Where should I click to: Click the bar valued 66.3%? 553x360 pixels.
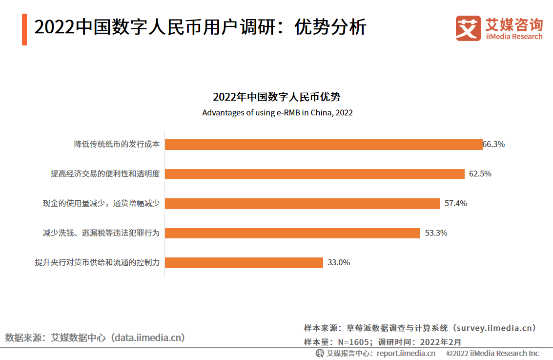point(324,145)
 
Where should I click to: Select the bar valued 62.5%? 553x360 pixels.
point(314,174)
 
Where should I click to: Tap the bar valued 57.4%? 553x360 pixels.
point(303,203)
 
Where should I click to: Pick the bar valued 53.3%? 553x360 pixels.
point(292,233)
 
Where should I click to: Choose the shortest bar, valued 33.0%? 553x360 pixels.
point(244,262)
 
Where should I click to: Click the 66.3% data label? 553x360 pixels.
point(493,145)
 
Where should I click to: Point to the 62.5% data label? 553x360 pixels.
point(480,174)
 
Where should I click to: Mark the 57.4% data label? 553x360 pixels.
point(455,203)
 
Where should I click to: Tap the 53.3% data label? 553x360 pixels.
point(436,233)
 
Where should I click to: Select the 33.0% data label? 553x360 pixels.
point(338,262)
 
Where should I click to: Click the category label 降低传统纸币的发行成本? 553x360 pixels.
point(117,145)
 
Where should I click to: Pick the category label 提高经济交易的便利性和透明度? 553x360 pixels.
point(105,174)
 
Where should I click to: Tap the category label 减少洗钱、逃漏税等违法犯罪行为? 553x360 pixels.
point(101,233)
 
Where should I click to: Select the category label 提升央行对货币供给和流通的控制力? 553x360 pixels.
point(97,262)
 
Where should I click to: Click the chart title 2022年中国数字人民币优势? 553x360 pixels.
point(277,97)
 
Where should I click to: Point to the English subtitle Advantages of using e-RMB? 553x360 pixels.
point(277,113)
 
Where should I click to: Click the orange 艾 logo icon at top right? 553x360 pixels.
point(468,28)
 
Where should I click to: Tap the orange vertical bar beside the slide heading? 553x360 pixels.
point(24,30)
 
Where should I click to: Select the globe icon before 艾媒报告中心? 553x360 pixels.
point(320,353)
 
